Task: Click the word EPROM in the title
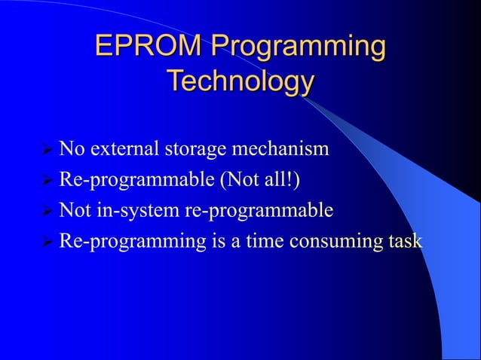148,47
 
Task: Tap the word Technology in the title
240,81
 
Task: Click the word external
123,148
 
